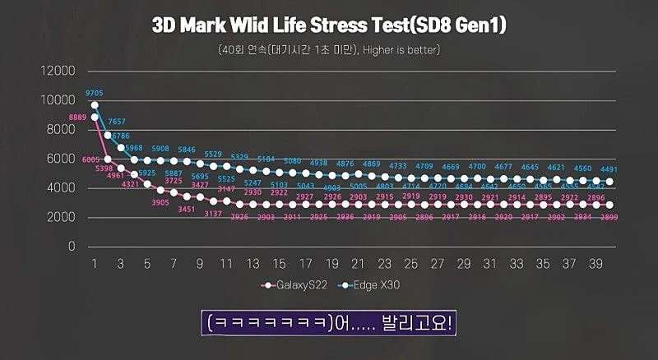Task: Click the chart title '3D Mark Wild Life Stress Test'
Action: pyautogui.click(x=329, y=25)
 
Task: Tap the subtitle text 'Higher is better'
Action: pyautogui.click(x=402, y=50)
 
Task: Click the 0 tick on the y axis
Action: pyautogui.click(x=72, y=247)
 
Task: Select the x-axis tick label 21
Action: pyautogui.click(x=358, y=264)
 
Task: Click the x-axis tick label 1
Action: pyautogui.click(x=95, y=264)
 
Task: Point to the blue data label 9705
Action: pyautogui.click(x=95, y=94)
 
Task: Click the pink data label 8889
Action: pyautogui.click(x=78, y=118)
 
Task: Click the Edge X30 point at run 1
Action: pyautogui.click(x=95, y=105)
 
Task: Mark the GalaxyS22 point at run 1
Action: pyautogui.click(x=95, y=117)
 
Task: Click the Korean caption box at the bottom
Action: pyautogui.click(x=328, y=323)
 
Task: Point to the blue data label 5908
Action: pyautogui.click(x=161, y=149)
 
